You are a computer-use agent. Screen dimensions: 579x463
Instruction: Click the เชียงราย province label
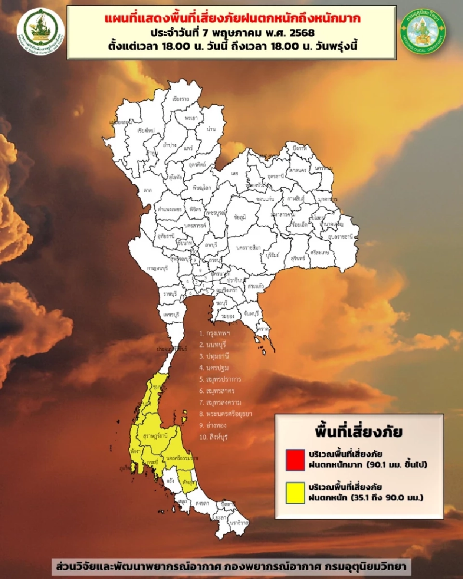pos(180,99)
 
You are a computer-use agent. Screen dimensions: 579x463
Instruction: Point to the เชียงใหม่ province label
pos(145,130)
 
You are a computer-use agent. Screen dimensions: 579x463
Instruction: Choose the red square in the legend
pos(295,459)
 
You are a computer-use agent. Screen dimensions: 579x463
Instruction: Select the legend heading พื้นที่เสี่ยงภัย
pos(359,431)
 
